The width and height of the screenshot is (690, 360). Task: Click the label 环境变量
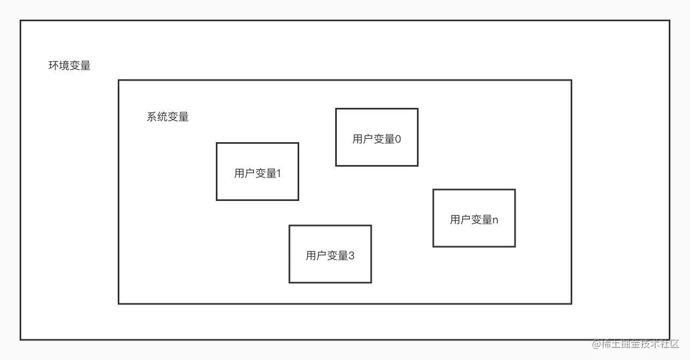click(69, 66)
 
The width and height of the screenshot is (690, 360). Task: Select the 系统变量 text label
click(167, 117)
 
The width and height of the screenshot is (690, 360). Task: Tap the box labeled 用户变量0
click(377, 137)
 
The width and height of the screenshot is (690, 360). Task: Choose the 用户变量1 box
click(257, 171)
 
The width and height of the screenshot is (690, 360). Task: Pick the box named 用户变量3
click(330, 254)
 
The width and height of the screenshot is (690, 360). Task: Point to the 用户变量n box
click(474, 218)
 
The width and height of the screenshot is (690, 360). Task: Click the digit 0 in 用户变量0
click(398, 139)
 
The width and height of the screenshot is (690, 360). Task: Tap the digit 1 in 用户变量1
click(279, 174)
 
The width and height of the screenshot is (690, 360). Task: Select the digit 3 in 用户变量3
click(351, 255)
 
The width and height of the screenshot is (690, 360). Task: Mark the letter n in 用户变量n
click(495, 220)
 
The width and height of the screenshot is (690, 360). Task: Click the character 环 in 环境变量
click(53, 66)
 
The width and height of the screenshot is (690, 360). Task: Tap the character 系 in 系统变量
click(152, 117)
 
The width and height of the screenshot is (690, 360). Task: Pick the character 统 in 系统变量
click(162, 117)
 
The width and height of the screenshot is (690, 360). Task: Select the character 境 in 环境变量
click(64, 66)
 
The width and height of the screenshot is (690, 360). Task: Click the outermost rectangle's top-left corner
click(21, 21)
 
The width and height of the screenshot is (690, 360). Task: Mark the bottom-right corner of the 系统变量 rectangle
click(571, 303)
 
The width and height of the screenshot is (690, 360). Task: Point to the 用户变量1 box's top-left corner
click(217, 143)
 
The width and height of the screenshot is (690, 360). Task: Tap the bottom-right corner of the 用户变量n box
click(515, 247)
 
